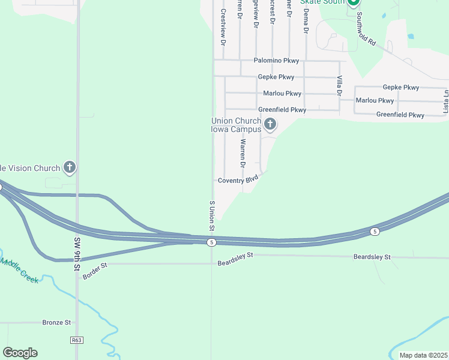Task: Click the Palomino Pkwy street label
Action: coord(276,61)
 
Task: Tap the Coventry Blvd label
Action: coord(238,180)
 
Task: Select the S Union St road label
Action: coord(211,216)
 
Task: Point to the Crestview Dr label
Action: coord(223,28)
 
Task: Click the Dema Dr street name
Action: coord(306,20)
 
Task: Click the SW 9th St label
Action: coord(77,253)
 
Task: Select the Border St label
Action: coord(95,265)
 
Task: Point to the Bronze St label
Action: coord(56,322)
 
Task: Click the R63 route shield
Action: coord(76,340)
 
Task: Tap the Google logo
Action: coord(20,353)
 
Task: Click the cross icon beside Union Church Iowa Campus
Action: coord(270,125)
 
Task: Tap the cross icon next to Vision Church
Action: coord(70,167)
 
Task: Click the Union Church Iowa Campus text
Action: coord(236,125)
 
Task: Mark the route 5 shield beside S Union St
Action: coord(211,242)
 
